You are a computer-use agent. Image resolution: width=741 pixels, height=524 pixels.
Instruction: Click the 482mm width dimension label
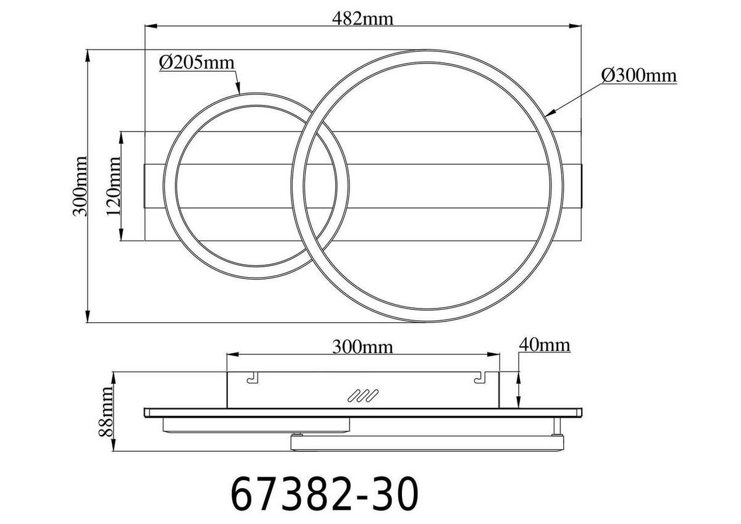click(364, 18)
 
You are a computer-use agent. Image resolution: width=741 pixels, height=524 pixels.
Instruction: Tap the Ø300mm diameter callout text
click(638, 76)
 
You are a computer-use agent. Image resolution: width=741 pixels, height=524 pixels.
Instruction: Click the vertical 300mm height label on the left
click(80, 186)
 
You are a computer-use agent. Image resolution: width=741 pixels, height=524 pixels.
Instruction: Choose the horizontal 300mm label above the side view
click(362, 346)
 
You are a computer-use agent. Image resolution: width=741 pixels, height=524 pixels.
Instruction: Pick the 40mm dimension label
click(544, 344)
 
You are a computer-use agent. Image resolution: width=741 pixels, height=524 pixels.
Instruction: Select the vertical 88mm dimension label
click(107, 412)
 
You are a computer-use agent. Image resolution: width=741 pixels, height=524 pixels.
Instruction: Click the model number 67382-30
click(324, 493)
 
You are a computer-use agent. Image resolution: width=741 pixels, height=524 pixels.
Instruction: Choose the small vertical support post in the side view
click(558, 425)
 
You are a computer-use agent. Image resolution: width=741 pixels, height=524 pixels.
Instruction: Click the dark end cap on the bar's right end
click(581, 186)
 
